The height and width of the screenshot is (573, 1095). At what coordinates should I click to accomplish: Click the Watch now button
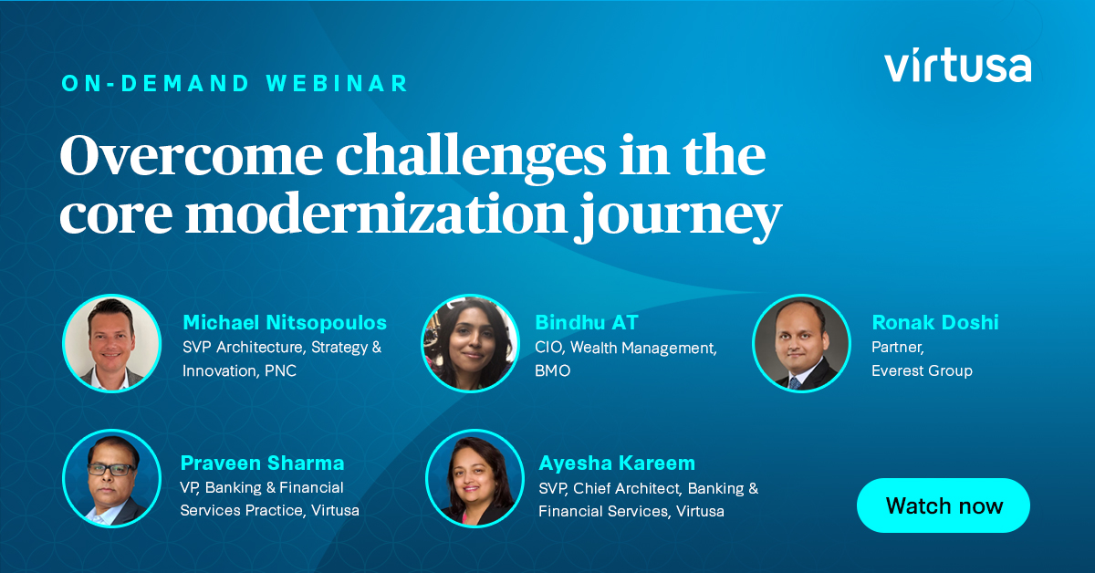(944, 505)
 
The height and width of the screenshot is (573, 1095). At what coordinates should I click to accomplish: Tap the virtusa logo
(957, 67)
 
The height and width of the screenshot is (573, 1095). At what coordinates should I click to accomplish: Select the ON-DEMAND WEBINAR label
(235, 83)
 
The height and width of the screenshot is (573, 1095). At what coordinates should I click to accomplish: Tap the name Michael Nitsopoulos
(285, 322)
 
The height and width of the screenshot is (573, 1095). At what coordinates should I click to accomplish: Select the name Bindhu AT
(587, 322)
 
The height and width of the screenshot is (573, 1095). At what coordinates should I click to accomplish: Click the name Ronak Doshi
(935, 322)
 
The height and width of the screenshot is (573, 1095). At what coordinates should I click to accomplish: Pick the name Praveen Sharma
(262, 463)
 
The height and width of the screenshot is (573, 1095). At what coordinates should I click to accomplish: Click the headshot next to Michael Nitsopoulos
(111, 343)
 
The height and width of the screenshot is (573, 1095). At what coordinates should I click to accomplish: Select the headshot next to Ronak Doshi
(801, 343)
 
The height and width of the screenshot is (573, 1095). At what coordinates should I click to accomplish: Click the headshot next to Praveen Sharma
(111, 478)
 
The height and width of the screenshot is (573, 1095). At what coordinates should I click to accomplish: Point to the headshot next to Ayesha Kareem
(474, 478)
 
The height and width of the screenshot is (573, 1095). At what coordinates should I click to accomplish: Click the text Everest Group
(922, 370)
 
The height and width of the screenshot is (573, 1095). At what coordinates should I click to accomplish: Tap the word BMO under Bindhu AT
(553, 370)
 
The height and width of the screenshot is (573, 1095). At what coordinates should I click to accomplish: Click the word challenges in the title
(467, 159)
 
